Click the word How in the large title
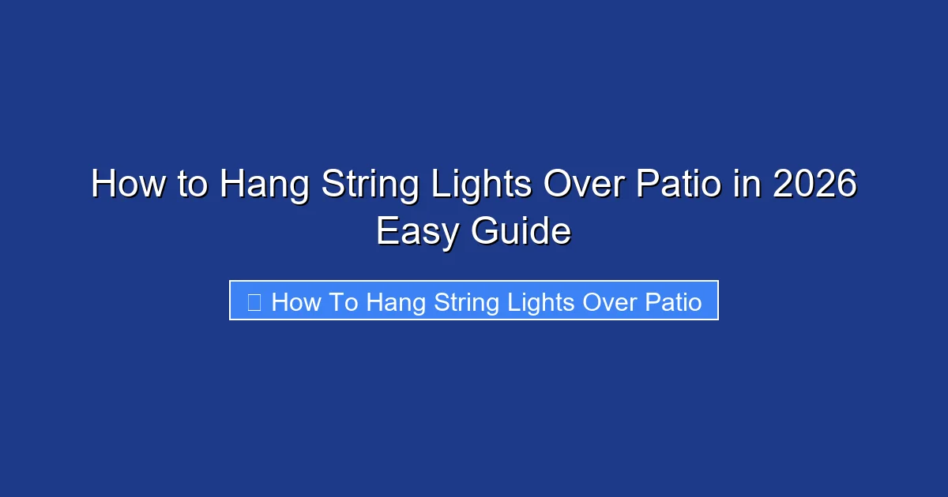pos(122,185)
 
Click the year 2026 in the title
pos(814,185)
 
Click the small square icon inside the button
pos(254,301)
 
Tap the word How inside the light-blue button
pos(295,302)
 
